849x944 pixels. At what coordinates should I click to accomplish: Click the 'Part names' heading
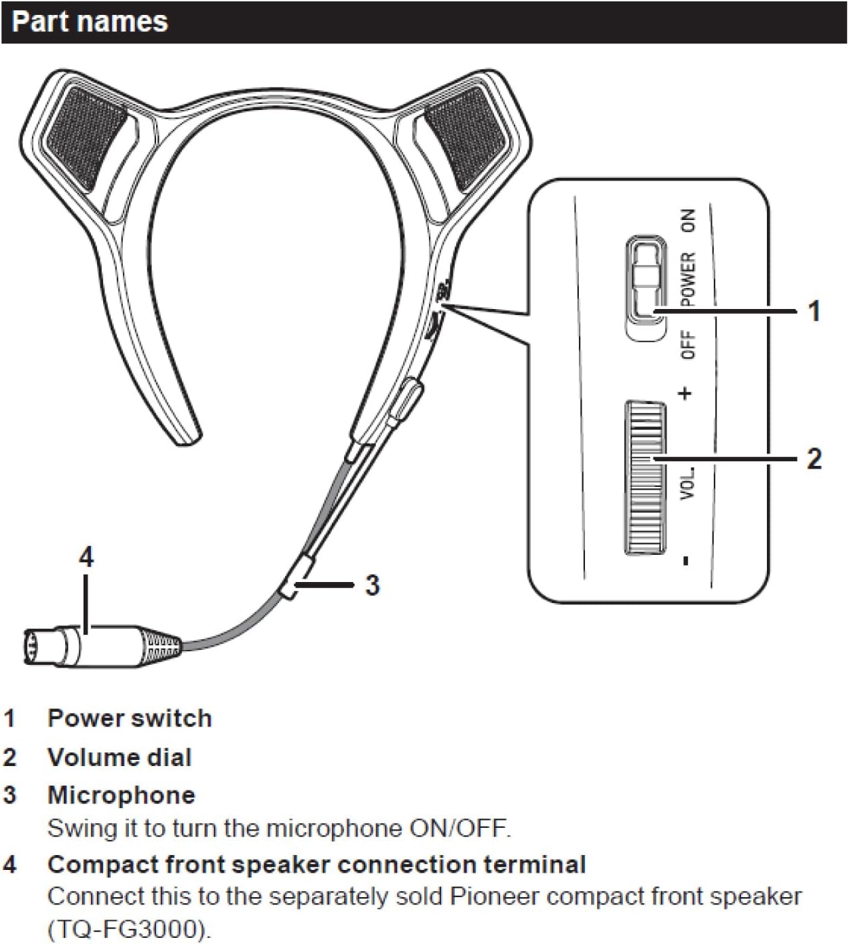[90, 22]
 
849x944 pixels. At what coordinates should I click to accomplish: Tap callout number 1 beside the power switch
[814, 311]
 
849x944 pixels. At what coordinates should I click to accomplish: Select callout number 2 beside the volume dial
[814, 459]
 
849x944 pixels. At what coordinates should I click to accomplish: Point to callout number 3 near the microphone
[372, 585]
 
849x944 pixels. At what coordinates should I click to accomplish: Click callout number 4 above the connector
[86, 558]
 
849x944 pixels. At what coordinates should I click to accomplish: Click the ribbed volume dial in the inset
[645, 476]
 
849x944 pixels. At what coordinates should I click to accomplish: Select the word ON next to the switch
[688, 220]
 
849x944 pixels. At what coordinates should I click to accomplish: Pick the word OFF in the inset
[688, 345]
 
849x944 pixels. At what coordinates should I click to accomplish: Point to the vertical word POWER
[688, 279]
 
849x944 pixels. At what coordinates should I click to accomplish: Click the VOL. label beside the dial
[688, 484]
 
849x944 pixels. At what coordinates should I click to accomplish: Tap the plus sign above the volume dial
[686, 393]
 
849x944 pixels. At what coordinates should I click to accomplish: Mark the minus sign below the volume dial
[686, 560]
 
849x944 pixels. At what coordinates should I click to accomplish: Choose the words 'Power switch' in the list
[130, 719]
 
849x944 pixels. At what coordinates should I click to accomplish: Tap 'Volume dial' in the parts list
[119, 757]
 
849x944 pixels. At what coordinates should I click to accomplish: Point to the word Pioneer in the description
[496, 896]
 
